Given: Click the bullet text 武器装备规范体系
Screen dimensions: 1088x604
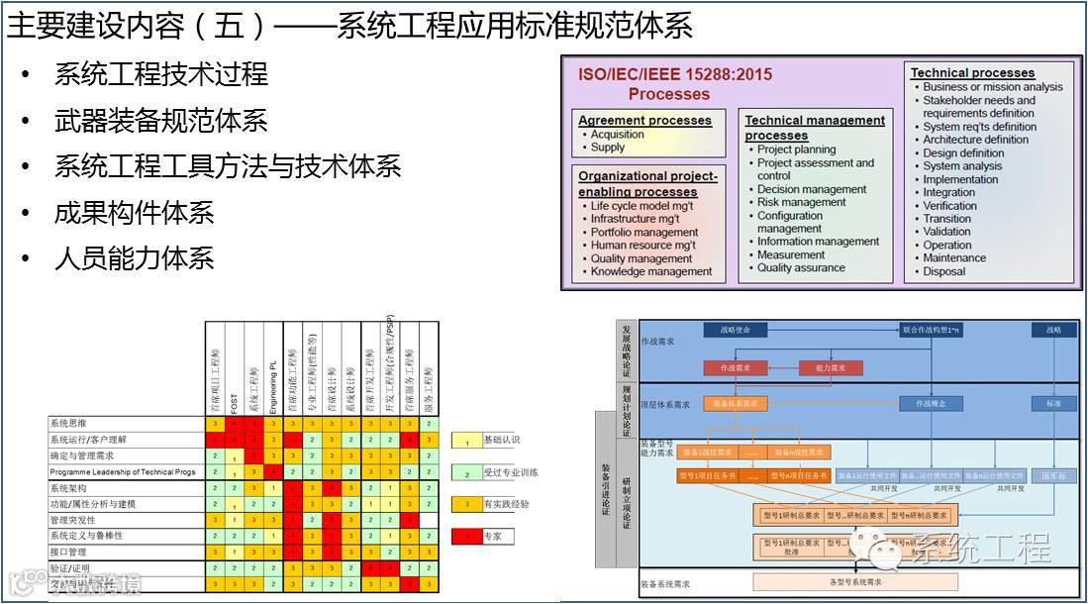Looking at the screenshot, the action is (160, 121).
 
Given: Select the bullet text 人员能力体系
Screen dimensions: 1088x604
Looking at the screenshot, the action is (134, 259).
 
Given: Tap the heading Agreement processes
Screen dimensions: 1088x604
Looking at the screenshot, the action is (644, 120).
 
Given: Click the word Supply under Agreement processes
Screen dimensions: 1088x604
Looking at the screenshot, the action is (608, 148).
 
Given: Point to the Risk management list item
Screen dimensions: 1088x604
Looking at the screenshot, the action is (801, 202).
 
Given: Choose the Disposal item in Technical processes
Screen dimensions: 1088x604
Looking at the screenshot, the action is (943, 271).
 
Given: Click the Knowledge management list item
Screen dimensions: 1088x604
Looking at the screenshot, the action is (651, 271).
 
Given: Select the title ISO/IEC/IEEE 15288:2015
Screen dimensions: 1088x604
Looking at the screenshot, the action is (674, 74).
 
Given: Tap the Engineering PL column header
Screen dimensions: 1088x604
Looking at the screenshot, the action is (272, 381).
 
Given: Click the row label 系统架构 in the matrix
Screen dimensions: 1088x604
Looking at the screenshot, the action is (68, 488).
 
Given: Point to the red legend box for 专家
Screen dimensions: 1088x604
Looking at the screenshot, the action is (465, 536).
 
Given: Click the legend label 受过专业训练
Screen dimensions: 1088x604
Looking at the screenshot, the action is (510, 472).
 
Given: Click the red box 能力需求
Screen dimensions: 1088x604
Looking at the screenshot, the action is (830, 368).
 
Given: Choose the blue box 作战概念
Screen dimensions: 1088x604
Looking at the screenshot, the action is (932, 404).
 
